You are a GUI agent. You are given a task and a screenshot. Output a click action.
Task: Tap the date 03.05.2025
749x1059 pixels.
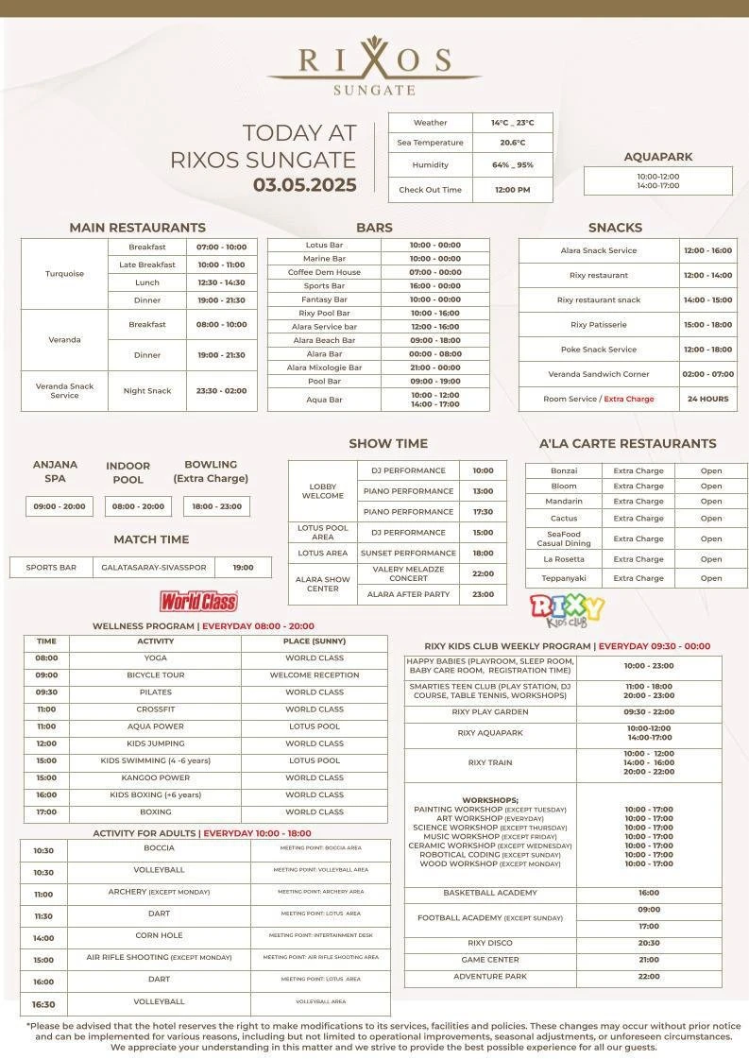point(304,185)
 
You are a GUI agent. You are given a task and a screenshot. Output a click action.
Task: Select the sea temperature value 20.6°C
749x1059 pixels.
point(512,143)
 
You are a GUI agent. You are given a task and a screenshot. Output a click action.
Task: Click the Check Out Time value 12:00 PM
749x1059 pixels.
point(512,190)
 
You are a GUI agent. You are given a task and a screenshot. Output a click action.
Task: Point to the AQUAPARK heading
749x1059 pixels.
point(658,157)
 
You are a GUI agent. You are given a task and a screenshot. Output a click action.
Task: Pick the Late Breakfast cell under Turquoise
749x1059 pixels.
point(147,265)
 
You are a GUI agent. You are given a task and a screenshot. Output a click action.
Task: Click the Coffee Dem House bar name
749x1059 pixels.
point(324,272)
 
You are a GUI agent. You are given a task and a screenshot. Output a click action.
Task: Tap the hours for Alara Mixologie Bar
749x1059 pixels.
point(435,367)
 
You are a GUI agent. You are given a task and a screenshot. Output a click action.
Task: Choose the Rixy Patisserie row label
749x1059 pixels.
point(598,324)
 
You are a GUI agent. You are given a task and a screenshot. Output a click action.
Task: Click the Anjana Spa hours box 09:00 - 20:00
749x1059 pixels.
point(60,506)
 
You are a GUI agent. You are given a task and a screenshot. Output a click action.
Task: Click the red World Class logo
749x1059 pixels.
point(198,601)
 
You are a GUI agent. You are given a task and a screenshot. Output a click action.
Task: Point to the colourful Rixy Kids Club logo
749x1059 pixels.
point(567,609)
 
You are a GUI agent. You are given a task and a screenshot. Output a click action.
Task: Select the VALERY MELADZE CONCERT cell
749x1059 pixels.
point(408,573)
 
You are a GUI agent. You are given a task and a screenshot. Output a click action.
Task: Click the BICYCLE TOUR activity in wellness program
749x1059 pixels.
point(155,675)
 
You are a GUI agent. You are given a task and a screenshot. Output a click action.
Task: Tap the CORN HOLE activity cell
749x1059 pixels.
point(160,937)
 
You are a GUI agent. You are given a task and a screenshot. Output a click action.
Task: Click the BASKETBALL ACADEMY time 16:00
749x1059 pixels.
point(649,893)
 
